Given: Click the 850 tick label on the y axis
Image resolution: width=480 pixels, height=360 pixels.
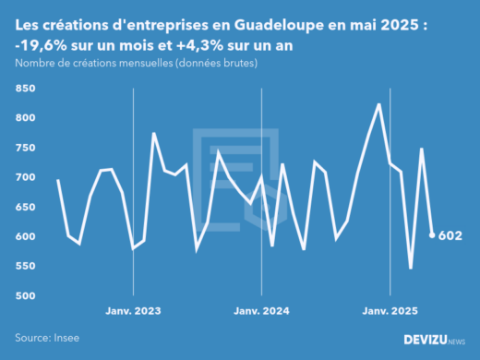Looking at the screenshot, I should click(x=25, y=89).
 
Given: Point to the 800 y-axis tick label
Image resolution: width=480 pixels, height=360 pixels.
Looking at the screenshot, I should click(x=25, y=118).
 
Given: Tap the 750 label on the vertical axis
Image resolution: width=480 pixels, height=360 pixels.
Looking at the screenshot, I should click(x=25, y=148).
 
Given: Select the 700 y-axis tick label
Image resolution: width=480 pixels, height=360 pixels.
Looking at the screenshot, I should click(x=25, y=177).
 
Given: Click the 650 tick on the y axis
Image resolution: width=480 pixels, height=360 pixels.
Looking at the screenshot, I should click(x=25, y=207).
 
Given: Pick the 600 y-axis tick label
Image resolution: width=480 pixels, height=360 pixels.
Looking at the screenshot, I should click(x=25, y=236).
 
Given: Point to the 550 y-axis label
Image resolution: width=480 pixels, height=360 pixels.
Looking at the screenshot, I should click(x=25, y=266).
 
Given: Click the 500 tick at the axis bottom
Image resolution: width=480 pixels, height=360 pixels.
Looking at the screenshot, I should click(x=25, y=295).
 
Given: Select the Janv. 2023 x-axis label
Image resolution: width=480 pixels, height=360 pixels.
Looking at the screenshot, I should click(x=134, y=311).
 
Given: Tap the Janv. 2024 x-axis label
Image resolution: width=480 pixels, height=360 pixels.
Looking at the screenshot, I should click(x=261, y=311).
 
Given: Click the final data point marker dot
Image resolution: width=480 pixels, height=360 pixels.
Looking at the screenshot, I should click(x=432, y=235).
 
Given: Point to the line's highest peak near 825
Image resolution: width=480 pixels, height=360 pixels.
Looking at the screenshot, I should click(x=379, y=104).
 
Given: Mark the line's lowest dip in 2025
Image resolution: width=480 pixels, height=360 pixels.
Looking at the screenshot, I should click(x=411, y=268).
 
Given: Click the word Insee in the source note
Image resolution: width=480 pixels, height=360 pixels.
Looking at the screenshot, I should click(x=69, y=339).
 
